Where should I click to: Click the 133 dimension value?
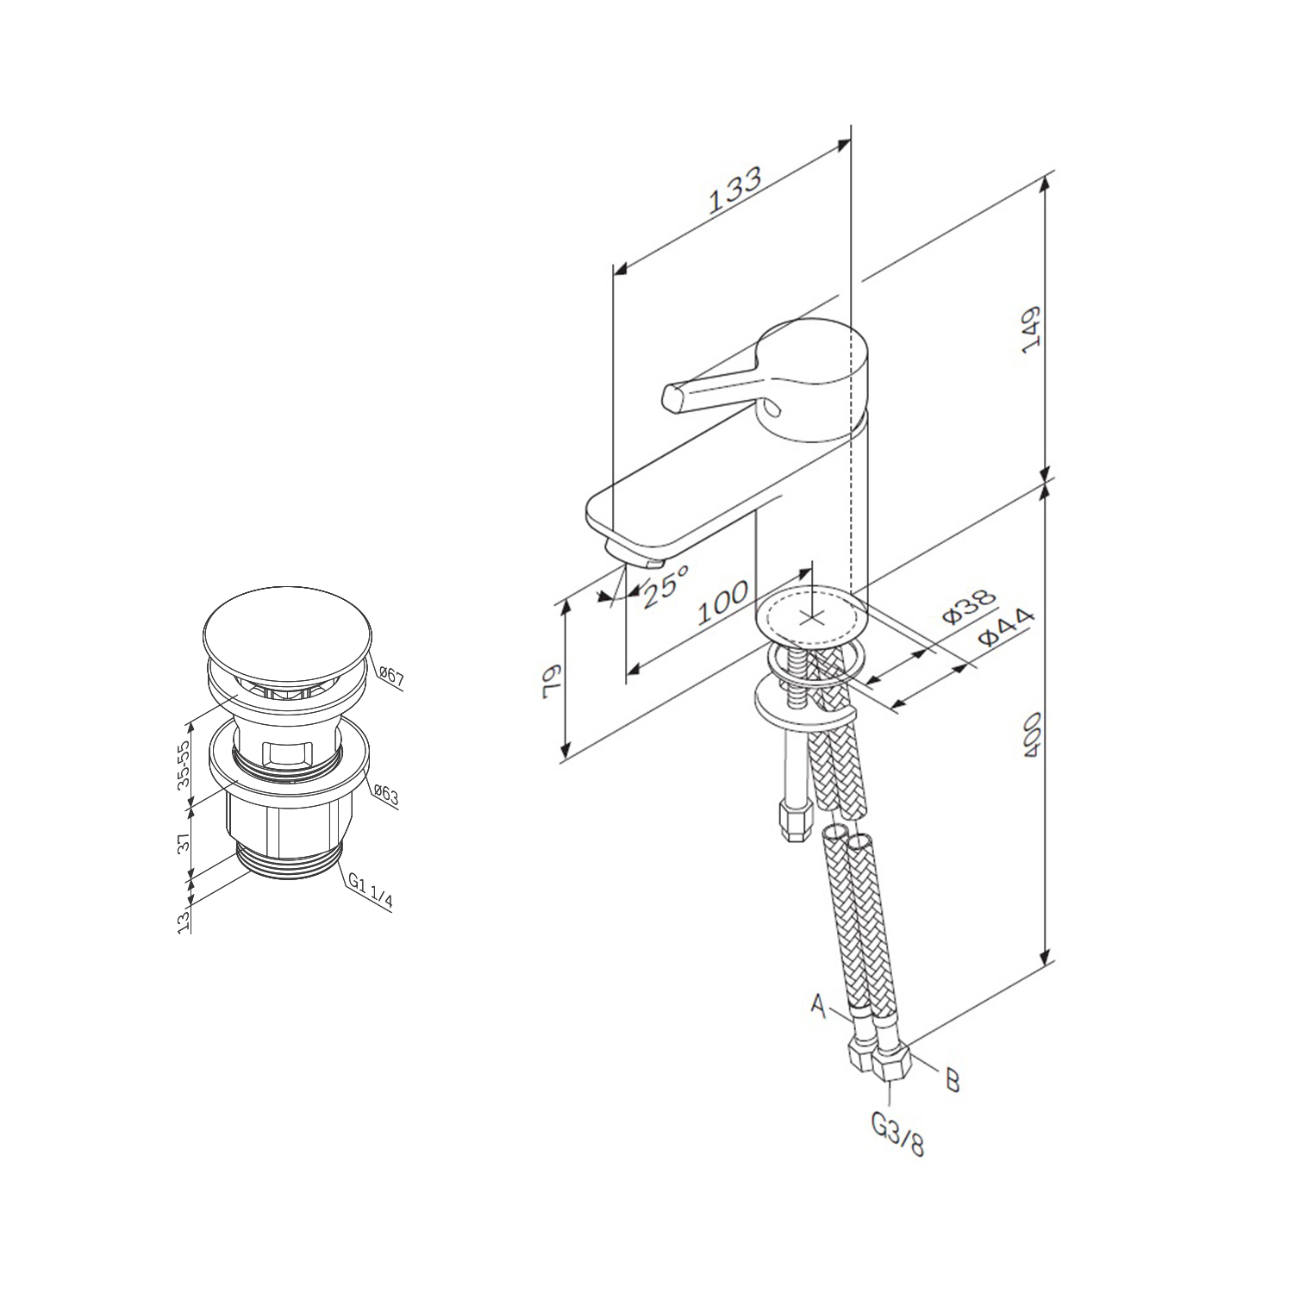735,190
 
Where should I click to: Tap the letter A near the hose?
820,1003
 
